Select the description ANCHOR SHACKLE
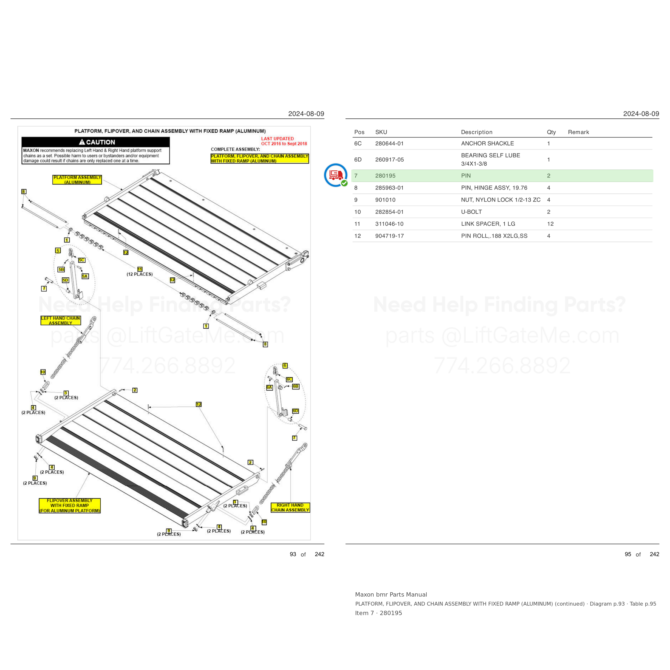click(x=487, y=144)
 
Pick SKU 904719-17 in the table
click(x=389, y=236)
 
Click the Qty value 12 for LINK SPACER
click(x=550, y=224)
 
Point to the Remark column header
click(x=578, y=132)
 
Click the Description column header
click(x=477, y=132)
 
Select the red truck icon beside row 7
click(x=335, y=175)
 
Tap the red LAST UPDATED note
click(x=284, y=141)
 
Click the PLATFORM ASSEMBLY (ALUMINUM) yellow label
click(x=77, y=180)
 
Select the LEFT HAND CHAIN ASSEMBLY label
click(x=61, y=321)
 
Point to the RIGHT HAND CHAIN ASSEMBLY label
click(x=290, y=507)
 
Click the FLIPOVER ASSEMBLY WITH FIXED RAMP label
click(x=70, y=506)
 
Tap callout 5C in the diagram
click(x=81, y=260)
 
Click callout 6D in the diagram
click(x=295, y=411)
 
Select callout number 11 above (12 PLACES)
click(x=140, y=269)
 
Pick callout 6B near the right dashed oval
click(x=295, y=386)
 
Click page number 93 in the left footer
click(x=293, y=554)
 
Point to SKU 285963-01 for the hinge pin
click(x=389, y=188)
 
